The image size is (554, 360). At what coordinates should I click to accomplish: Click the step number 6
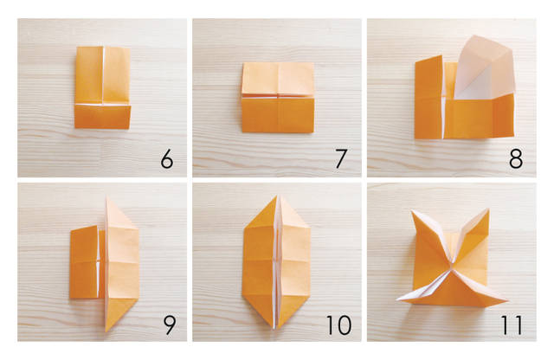click(x=167, y=158)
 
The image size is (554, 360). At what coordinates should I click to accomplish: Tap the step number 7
click(x=341, y=158)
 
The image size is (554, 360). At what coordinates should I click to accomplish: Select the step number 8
click(x=516, y=158)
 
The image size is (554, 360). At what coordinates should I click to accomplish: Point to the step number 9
click(x=170, y=325)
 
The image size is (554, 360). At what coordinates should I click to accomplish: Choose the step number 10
click(x=338, y=325)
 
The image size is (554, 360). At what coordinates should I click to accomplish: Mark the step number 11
click(x=512, y=325)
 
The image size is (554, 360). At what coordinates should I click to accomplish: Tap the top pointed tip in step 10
click(x=278, y=195)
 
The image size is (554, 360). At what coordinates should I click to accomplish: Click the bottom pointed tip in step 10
click(x=275, y=329)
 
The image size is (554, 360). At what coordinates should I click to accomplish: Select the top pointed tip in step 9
click(x=107, y=196)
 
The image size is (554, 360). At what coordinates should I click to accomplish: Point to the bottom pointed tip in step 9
click(x=107, y=331)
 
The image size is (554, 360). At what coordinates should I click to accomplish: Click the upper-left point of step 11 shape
click(x=412, y=211)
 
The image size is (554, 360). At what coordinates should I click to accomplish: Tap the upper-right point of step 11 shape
click(x=488, y=209)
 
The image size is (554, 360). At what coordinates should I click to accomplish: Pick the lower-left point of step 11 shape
click(x=397, y=300)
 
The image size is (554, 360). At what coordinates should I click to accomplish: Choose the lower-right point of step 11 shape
click(x=507, y=301)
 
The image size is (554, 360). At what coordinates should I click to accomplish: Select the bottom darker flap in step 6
click(x=102, y=117)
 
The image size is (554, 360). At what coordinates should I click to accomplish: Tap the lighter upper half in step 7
click(x=278, y=79)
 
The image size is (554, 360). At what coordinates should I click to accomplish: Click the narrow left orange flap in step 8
click(x=428, y=97)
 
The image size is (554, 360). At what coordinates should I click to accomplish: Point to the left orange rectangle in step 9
click(x=84, y=262)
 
